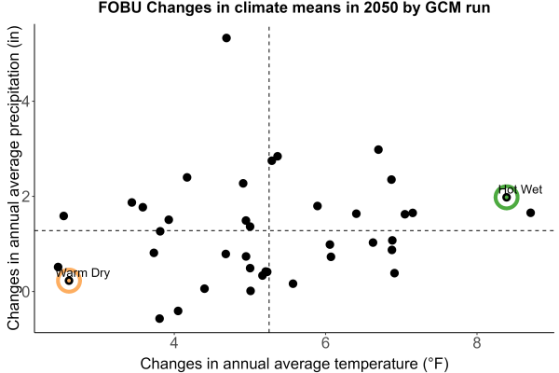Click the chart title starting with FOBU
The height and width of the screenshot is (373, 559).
(x=294, y=7)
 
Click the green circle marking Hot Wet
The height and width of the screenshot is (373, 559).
(x=506, y=188)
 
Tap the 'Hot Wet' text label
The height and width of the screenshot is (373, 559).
(x=520, y=189)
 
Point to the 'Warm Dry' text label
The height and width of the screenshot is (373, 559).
(x=83, y=273)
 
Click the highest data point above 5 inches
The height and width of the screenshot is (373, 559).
(x=226, y=38)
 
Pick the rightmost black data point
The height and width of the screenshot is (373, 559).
(x=530, y=213)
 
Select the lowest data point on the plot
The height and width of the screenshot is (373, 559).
(x=159, y=318)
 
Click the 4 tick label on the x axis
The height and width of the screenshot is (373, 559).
(x=174, y=343)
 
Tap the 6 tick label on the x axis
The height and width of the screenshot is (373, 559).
(x=325, y=343)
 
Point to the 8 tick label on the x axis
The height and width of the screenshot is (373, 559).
(x=477, y=343)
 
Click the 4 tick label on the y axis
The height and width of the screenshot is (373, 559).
(x=26, y=101)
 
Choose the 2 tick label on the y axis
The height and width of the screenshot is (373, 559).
(x=26, y=197)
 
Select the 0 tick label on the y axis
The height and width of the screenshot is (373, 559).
(x=26, y=291)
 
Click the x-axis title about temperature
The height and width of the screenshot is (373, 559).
(x=294, y=364)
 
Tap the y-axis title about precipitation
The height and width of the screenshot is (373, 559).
(x=14, y=178)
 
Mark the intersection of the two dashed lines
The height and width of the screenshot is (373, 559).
(x=269, y=230)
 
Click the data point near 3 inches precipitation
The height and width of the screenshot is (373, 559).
(x=378, y=149)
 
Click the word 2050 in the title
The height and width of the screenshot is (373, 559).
(x=381, y=7)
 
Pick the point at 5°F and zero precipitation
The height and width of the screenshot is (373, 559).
(x=251, y=291)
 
